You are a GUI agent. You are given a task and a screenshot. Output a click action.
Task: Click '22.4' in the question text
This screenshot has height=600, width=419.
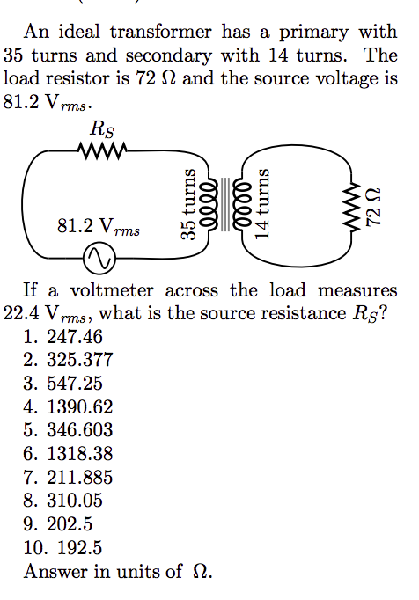(x=20, y=314)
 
